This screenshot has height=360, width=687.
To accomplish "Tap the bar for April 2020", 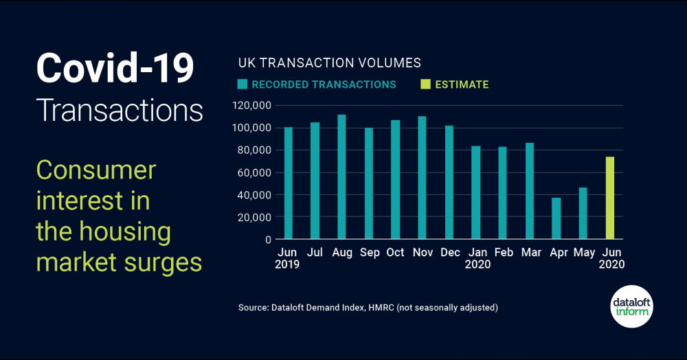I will tap(556, 218).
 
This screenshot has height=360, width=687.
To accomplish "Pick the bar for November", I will tap(422, 178).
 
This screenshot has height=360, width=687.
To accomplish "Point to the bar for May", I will tap(583, 214).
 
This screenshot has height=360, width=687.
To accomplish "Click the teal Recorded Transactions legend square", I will tap(243, 85).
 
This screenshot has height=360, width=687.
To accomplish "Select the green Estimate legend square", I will tap(425, 85).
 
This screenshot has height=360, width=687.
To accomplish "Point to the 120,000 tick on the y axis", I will tap(251, 105).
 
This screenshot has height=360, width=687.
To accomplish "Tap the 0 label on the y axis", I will tap(269, 240).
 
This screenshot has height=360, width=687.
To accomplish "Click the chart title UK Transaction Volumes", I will tap(329, 63).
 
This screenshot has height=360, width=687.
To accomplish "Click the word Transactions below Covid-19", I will tap(119, 111).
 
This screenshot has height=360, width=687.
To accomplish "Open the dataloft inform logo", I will tap(631, 306).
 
